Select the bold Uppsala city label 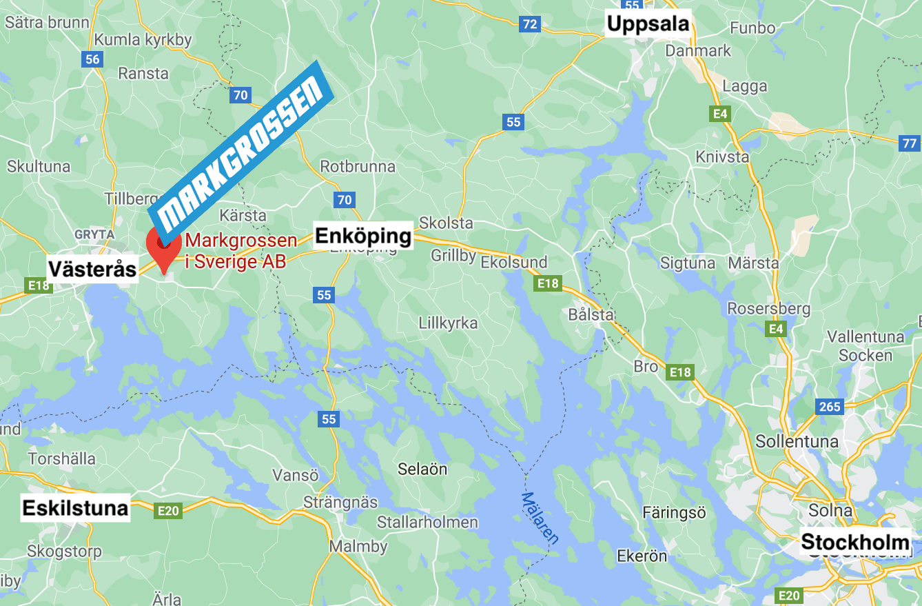tap(648, 24)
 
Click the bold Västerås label tap(92, 269)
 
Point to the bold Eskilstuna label tap(75, 508)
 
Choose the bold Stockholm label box tap(855, 542)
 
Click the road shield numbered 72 tap(529, 25)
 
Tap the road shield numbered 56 tap(92, 59)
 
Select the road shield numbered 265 tap(830, 407)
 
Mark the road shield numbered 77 tap(910, 143)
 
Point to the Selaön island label tap(422, 469)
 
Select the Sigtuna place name tap(688, 263)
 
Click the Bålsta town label tap(591, 314)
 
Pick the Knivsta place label tap(722, 156)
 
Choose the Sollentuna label tap(797, 441)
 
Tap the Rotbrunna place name tap(358, 166)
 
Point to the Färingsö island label tap(674, 512)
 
